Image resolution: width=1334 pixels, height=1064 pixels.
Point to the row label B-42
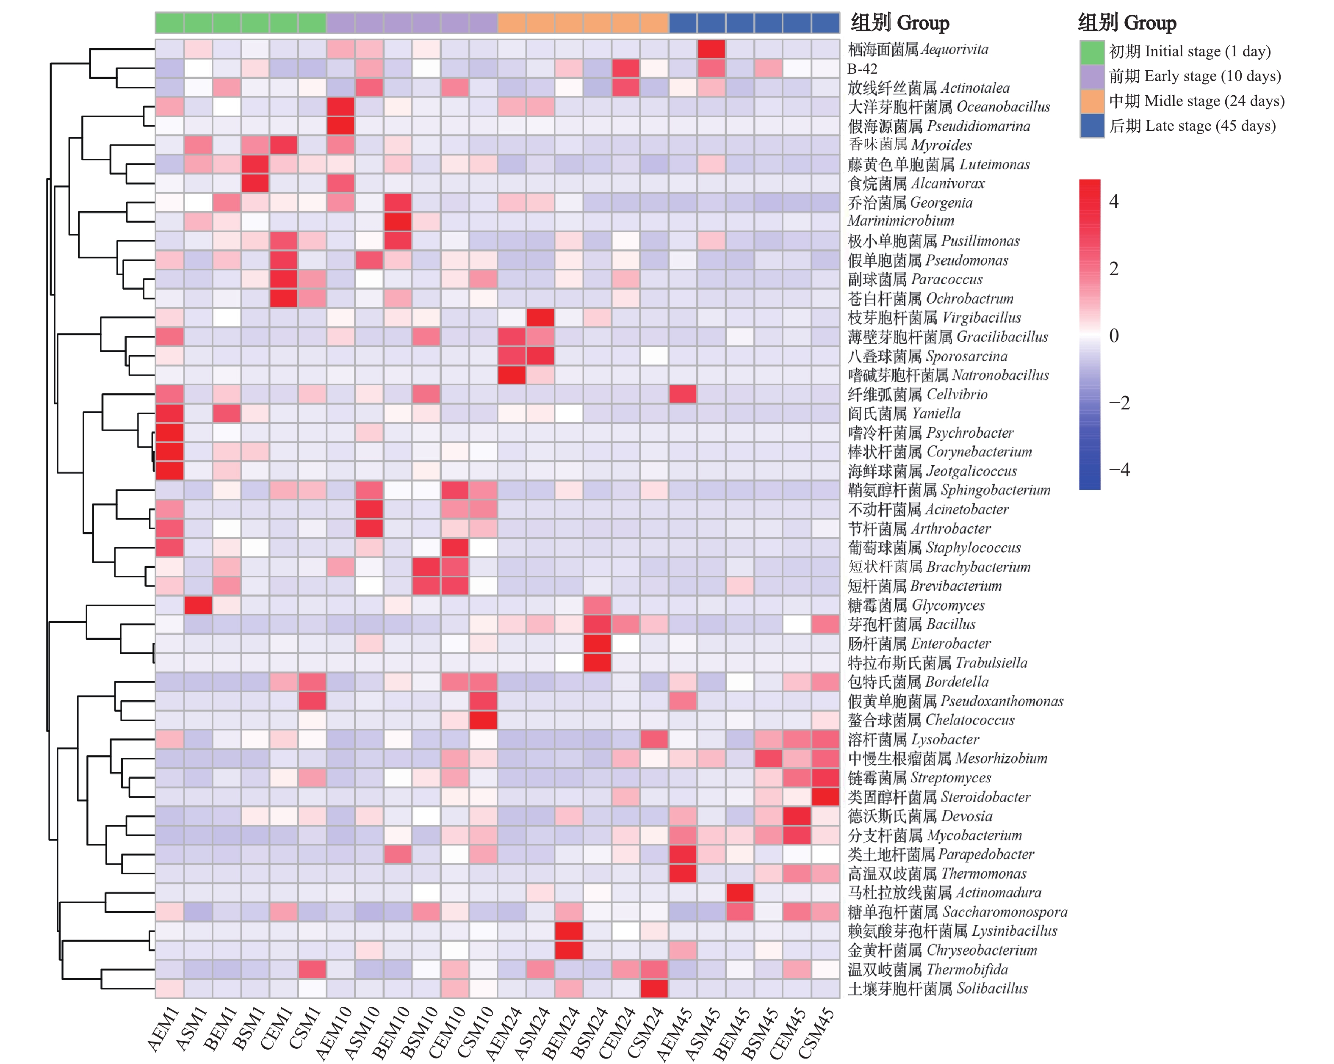point(863,69)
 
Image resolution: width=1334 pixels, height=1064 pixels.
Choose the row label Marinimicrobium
point(900,221)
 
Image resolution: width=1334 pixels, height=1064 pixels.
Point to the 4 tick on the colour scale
point(1114,202)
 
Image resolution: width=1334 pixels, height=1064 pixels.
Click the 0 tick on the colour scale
point(1114,336)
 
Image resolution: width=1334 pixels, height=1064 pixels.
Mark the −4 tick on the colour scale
point(1119,470)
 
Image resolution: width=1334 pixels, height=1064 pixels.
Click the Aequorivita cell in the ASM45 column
point(711,49)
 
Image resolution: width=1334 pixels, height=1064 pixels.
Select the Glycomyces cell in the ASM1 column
point(198,605)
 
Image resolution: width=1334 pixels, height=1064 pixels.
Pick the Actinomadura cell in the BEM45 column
point(740,893)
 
